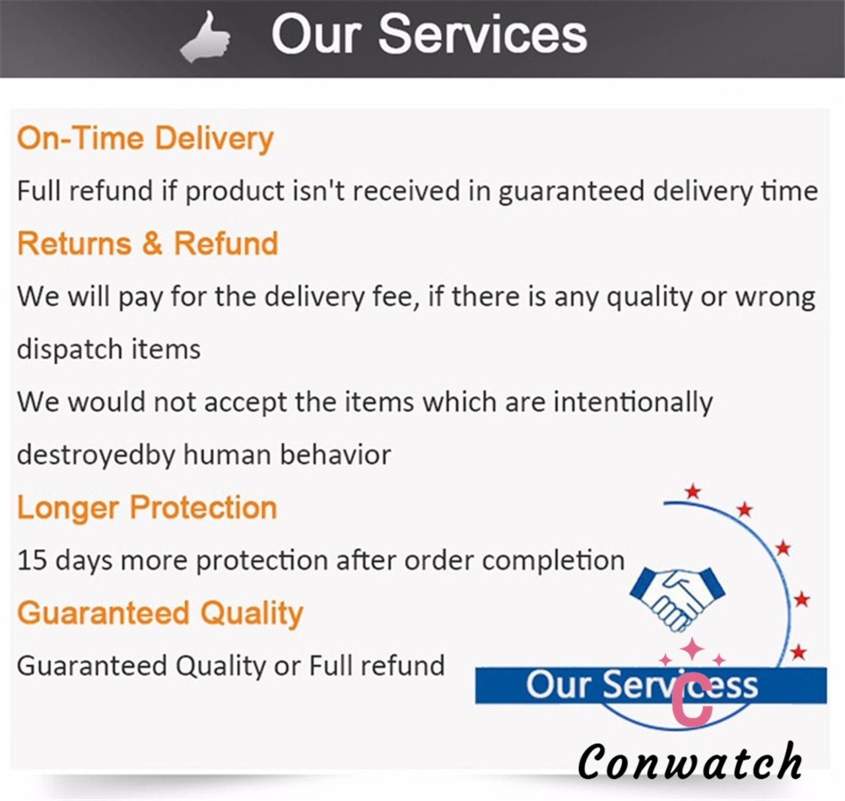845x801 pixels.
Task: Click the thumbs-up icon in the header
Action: tap(205, 38)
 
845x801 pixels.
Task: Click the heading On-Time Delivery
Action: tap(145, 139)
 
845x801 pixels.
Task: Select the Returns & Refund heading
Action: tap(148, 244)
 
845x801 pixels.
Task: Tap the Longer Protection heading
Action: tap(147, 507)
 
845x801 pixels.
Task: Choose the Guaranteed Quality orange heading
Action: tap(160, 613)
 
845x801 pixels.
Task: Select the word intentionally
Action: tap(633, 403)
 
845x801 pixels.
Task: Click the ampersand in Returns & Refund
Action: tap(152, 244)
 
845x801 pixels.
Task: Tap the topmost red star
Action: tap(693, 491)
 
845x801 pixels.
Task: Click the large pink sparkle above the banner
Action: tap(693, 650)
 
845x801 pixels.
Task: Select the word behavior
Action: tap(335, 455)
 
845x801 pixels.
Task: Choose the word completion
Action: tap(554, 561)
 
